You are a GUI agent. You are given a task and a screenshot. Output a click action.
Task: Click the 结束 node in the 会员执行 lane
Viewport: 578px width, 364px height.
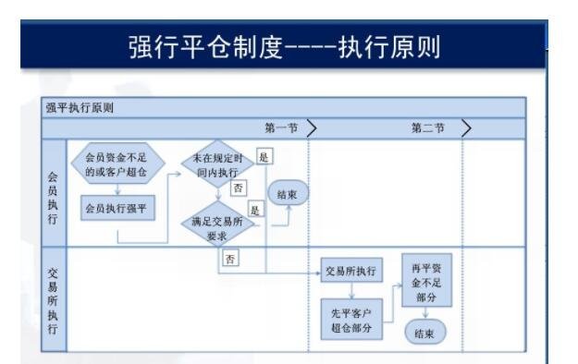pos(288,193)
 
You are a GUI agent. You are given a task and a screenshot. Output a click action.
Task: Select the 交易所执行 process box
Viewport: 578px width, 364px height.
pos(350,272)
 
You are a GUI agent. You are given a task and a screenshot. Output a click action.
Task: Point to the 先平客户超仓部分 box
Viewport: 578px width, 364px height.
pos(350,318)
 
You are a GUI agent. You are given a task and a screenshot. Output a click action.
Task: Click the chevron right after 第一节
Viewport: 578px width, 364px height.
pos(313,128)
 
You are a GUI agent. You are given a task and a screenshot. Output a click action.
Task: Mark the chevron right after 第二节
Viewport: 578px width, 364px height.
pos(466,128)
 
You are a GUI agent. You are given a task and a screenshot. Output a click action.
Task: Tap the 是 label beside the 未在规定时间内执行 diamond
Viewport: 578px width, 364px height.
pos(264,157)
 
